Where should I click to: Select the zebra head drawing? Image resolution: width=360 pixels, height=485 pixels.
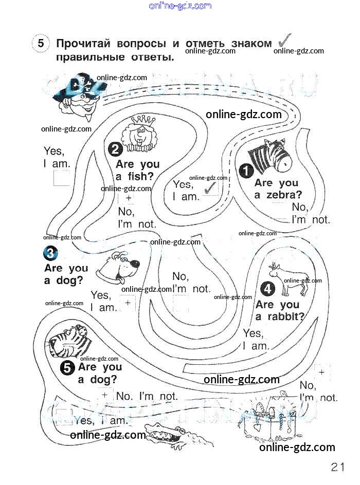(268, 156)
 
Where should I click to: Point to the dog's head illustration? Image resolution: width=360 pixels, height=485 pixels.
(121, 267)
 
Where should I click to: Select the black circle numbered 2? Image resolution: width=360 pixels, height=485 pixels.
(115, 149)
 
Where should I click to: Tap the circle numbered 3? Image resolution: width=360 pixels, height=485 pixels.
(51, 253)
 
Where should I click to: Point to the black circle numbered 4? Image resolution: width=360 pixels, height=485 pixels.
(268, 289)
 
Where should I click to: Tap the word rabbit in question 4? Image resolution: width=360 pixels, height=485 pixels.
(286, 316)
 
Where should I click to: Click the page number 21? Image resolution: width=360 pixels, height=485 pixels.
(337, 467)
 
